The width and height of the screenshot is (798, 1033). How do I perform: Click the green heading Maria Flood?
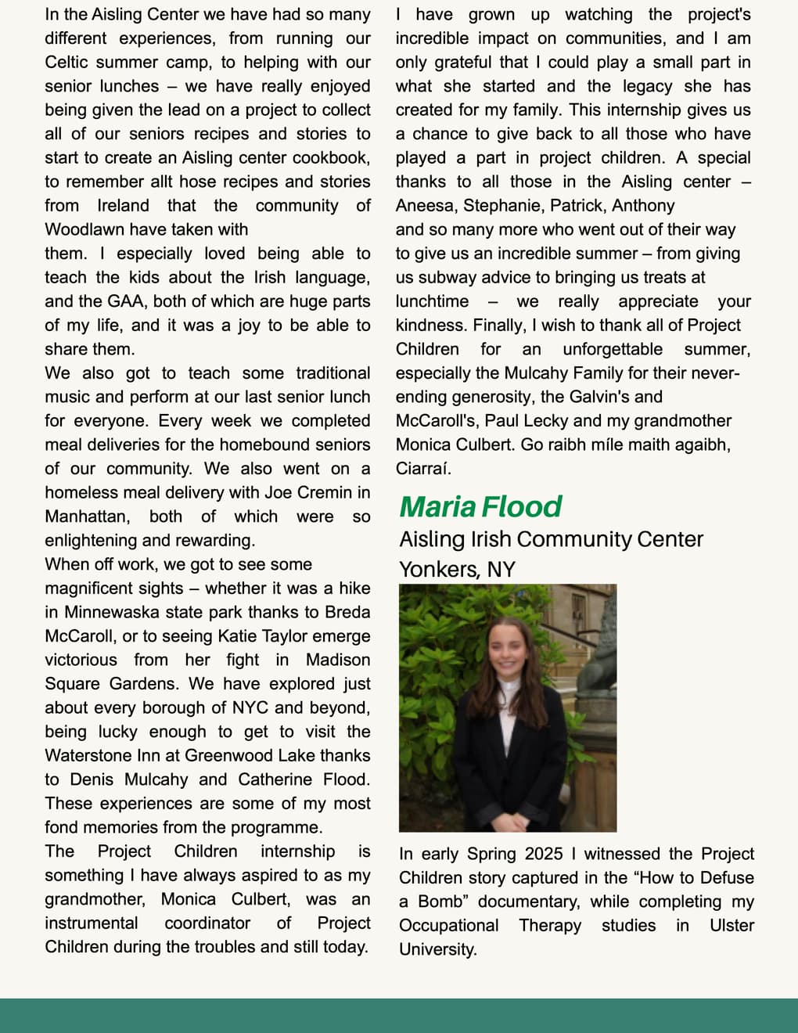[480, 507]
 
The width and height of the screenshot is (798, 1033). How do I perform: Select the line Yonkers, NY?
[457, 569]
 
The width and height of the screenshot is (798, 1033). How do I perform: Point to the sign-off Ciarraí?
[422, 469]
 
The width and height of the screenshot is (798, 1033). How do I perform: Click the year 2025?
[544, 854]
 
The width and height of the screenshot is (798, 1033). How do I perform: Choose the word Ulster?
[731, 925]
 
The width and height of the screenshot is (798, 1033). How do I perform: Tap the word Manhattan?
[86, 516]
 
